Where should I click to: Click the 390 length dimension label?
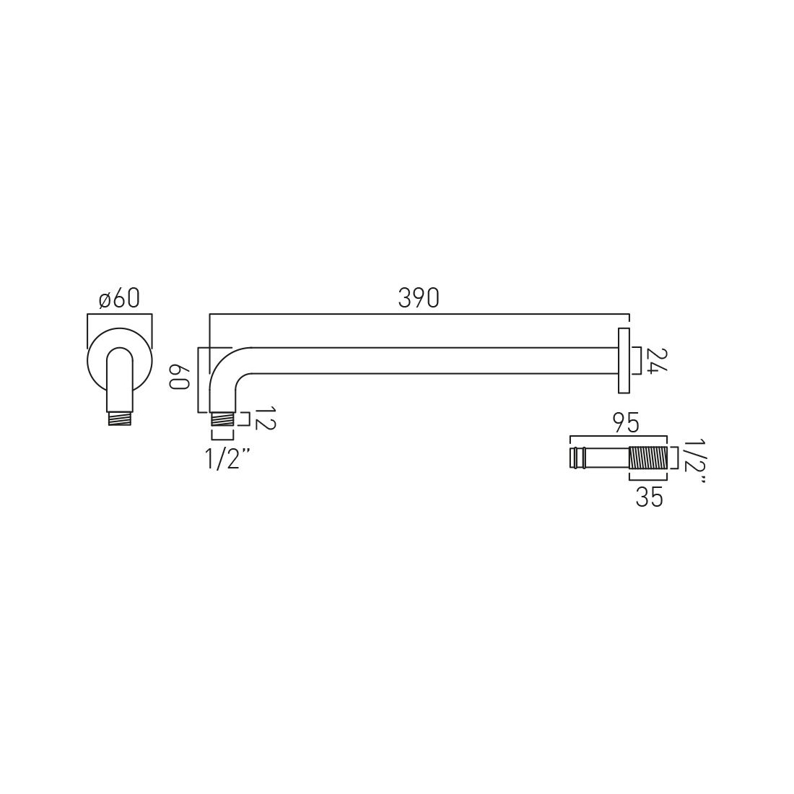418,298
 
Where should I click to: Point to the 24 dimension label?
657,361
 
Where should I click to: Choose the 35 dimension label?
649,498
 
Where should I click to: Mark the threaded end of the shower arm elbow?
222,419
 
